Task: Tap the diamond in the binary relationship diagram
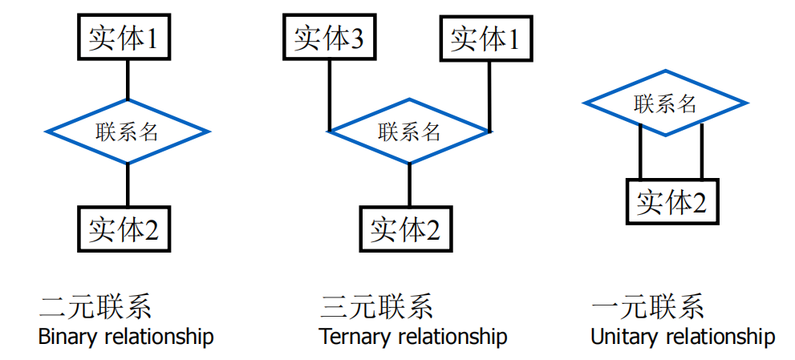pos(128,131)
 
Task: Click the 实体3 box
pos(329,38)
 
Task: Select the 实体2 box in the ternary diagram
pos(405,229)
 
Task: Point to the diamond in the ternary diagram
pos(409,131)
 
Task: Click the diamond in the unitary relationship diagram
pos(665,103)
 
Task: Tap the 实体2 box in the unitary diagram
pos(671,201)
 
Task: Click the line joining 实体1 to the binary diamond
pos(128,79)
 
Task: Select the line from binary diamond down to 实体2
pos(128,184)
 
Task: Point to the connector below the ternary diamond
pos(409,185)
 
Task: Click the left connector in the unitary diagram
pos(639,152)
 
